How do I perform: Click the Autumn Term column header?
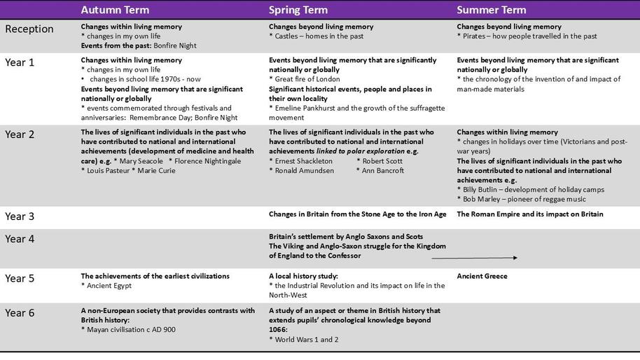coord(115,11)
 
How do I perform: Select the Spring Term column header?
coord(298,11)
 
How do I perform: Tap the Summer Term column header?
coord(492,11)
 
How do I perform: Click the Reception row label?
coord(29,29)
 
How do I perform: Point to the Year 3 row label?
coord(20,216)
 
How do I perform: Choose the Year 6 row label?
coord(20,313)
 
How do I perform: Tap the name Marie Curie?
coord(156,171)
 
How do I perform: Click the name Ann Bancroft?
coord(383,171)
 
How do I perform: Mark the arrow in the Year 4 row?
coord(474,258)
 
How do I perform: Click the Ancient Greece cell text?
coord(482,276)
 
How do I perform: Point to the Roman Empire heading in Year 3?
coord(529,214)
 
